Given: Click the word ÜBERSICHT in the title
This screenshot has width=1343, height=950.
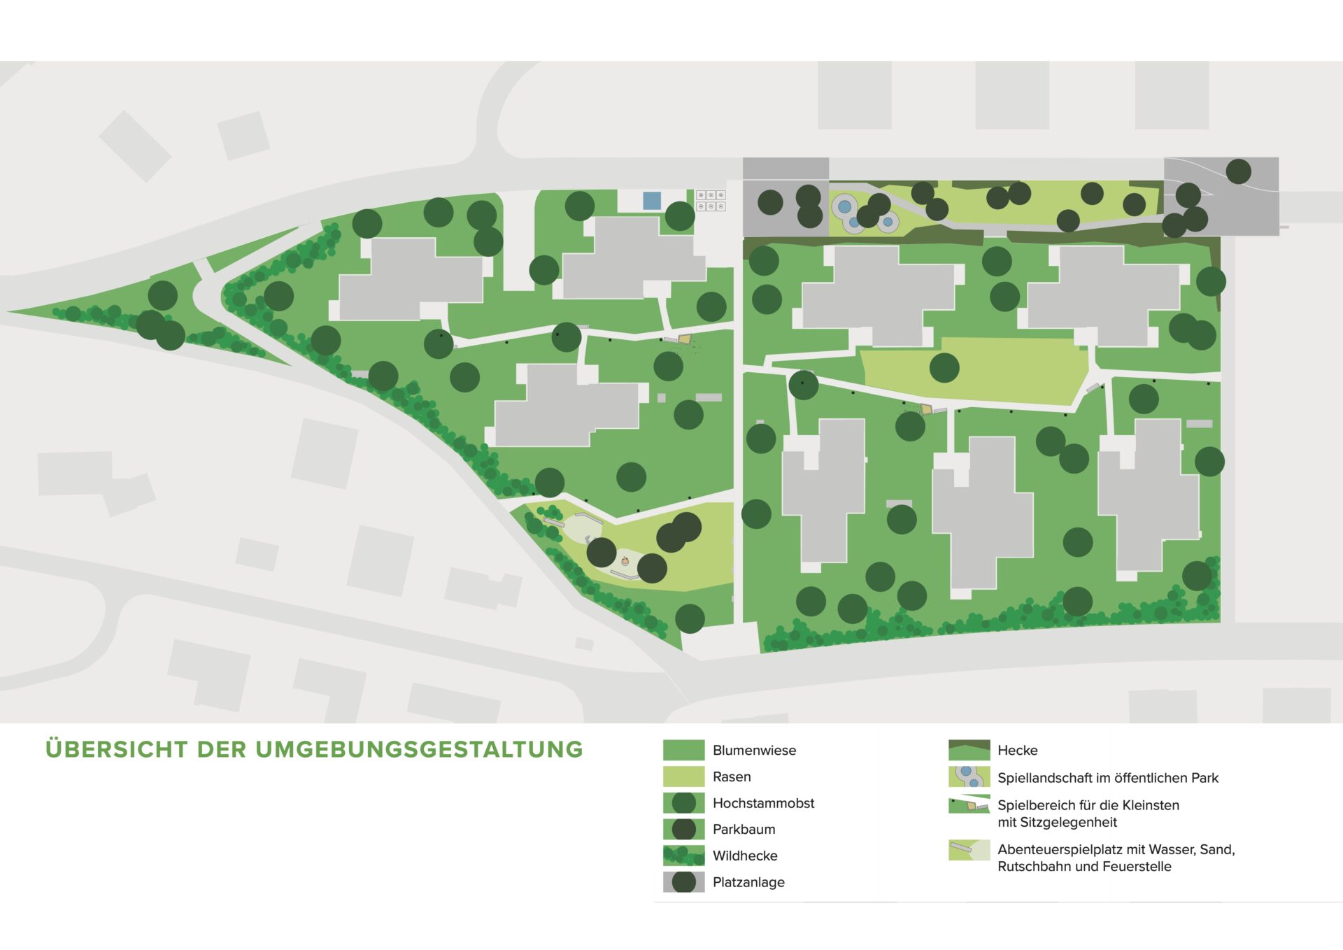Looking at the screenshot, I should pos(117,749).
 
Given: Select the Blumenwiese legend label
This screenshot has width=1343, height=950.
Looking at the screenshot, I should pos(754,751).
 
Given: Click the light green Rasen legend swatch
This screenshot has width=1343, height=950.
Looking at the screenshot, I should pos(683,777).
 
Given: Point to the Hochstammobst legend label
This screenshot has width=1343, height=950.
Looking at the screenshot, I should pos(763,803).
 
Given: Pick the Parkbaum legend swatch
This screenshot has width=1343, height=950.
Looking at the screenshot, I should pos(683,829).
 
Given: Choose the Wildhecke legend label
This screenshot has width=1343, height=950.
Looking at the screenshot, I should pos(745,856).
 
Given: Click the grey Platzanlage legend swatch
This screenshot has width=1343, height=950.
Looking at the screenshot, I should pos(683,882).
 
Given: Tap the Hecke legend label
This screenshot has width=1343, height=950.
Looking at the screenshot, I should pos(1017,751).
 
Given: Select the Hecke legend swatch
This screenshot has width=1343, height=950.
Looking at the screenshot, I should pos(969,750).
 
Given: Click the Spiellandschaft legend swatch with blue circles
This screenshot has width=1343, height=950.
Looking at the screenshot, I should pos(969,777).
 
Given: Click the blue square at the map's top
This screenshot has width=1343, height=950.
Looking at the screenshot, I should pos(652,201).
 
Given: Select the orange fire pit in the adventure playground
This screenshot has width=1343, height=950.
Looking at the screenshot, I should pos(625,561).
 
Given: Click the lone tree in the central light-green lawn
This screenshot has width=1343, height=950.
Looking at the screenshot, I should pos(944,367).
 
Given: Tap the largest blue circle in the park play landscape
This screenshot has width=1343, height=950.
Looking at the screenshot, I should pos(844,206).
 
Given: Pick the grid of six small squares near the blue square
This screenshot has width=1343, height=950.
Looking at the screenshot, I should pos(711,201).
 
